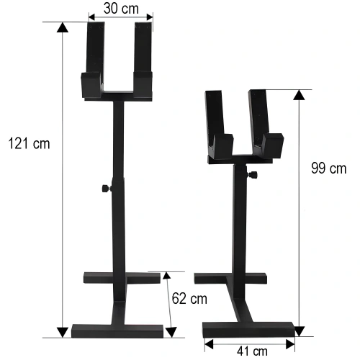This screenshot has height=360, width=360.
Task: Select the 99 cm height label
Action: pos(328,169)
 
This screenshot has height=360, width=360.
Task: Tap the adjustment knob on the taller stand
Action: pos(104,189)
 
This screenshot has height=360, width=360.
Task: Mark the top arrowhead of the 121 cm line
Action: pos(62,28)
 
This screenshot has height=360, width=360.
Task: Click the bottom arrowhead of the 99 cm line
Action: pos(299,330)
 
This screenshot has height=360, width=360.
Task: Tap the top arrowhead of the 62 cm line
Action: pos(166,276)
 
